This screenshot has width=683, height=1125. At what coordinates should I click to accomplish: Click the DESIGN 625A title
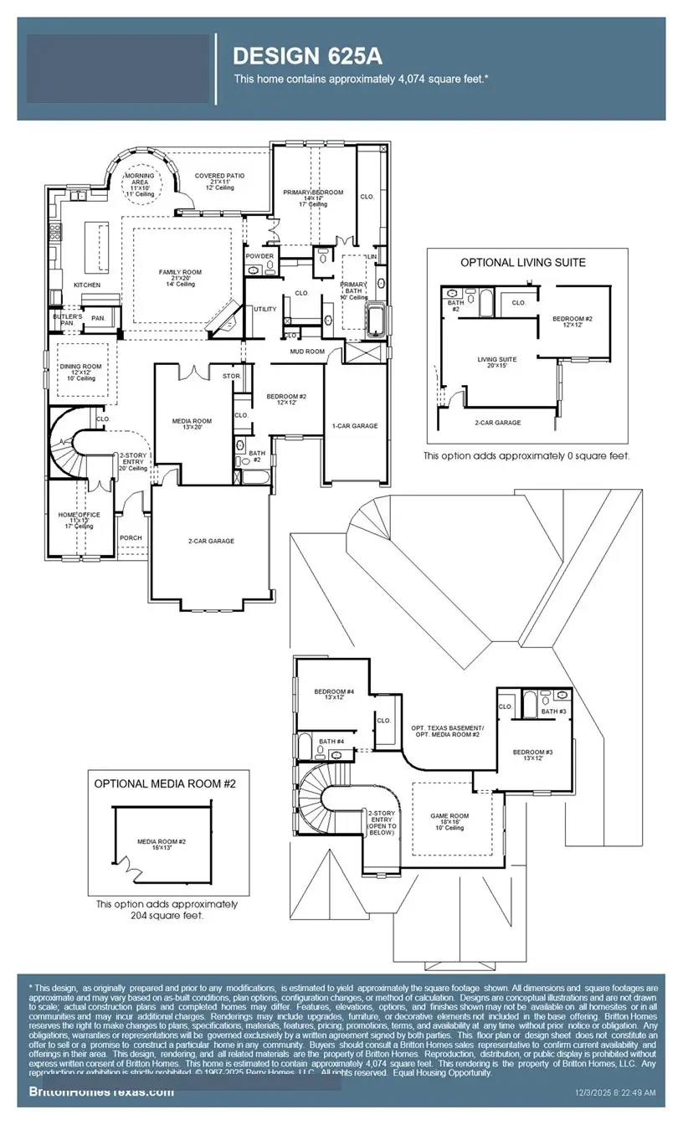click(x=306, y=56)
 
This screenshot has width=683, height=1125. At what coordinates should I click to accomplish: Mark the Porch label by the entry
click(x=131, y=538)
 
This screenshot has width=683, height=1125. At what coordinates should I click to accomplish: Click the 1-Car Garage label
click(x=355, y=426)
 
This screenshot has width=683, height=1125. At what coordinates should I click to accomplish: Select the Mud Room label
click(x=308, y=352)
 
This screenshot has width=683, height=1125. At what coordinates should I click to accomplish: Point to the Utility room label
click(x=265, y=309)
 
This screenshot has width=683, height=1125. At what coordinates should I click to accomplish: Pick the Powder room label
click(x=259, y=256)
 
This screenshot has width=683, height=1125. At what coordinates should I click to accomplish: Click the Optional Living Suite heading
click(x=522, y=262)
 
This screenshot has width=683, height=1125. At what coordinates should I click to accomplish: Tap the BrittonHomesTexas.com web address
click(x=102, y=1092)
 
